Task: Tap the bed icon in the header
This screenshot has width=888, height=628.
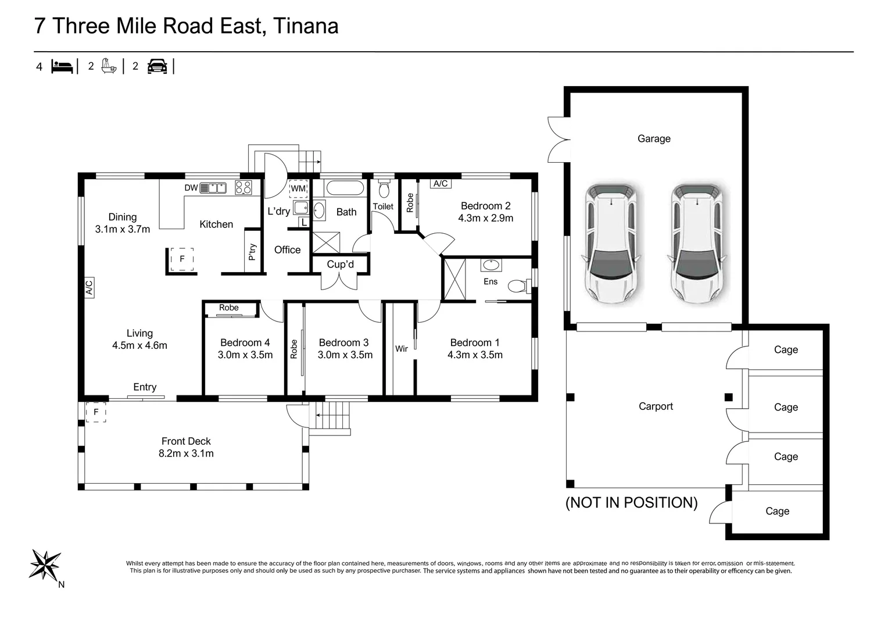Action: tap(62, 67)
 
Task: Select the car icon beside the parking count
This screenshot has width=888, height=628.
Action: tap(157, 66)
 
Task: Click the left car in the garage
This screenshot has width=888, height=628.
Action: tap(611, 243)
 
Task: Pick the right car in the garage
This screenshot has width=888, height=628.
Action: tap(697, 243)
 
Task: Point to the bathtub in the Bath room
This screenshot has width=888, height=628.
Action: tap(343, 188)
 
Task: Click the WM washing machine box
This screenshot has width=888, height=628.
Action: tap(299, 188)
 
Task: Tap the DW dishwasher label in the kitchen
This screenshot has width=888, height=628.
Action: tap(191, 188)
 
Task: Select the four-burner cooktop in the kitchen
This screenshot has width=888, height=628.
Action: tap(244, 188)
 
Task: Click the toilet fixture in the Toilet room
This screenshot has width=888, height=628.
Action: tap(384, 189)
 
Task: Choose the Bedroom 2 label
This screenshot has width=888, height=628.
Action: tap(486, 206)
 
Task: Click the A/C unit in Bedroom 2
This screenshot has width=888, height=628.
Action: tap(441, 184)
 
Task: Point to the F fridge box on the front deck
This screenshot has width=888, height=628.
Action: tap(96, 412)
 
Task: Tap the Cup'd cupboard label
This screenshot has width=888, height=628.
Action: tap(340, 264)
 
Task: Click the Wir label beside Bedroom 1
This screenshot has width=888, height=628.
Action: tap(401, 349)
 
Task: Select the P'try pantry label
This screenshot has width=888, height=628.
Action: tap(252, 252)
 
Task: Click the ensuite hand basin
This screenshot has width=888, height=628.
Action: tap(491, 265)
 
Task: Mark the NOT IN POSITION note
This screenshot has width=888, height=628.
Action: tap(631, 502)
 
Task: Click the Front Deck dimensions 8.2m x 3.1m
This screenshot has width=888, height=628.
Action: tap(186, 454)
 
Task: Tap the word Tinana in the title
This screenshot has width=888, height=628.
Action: tap(305, 26)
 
